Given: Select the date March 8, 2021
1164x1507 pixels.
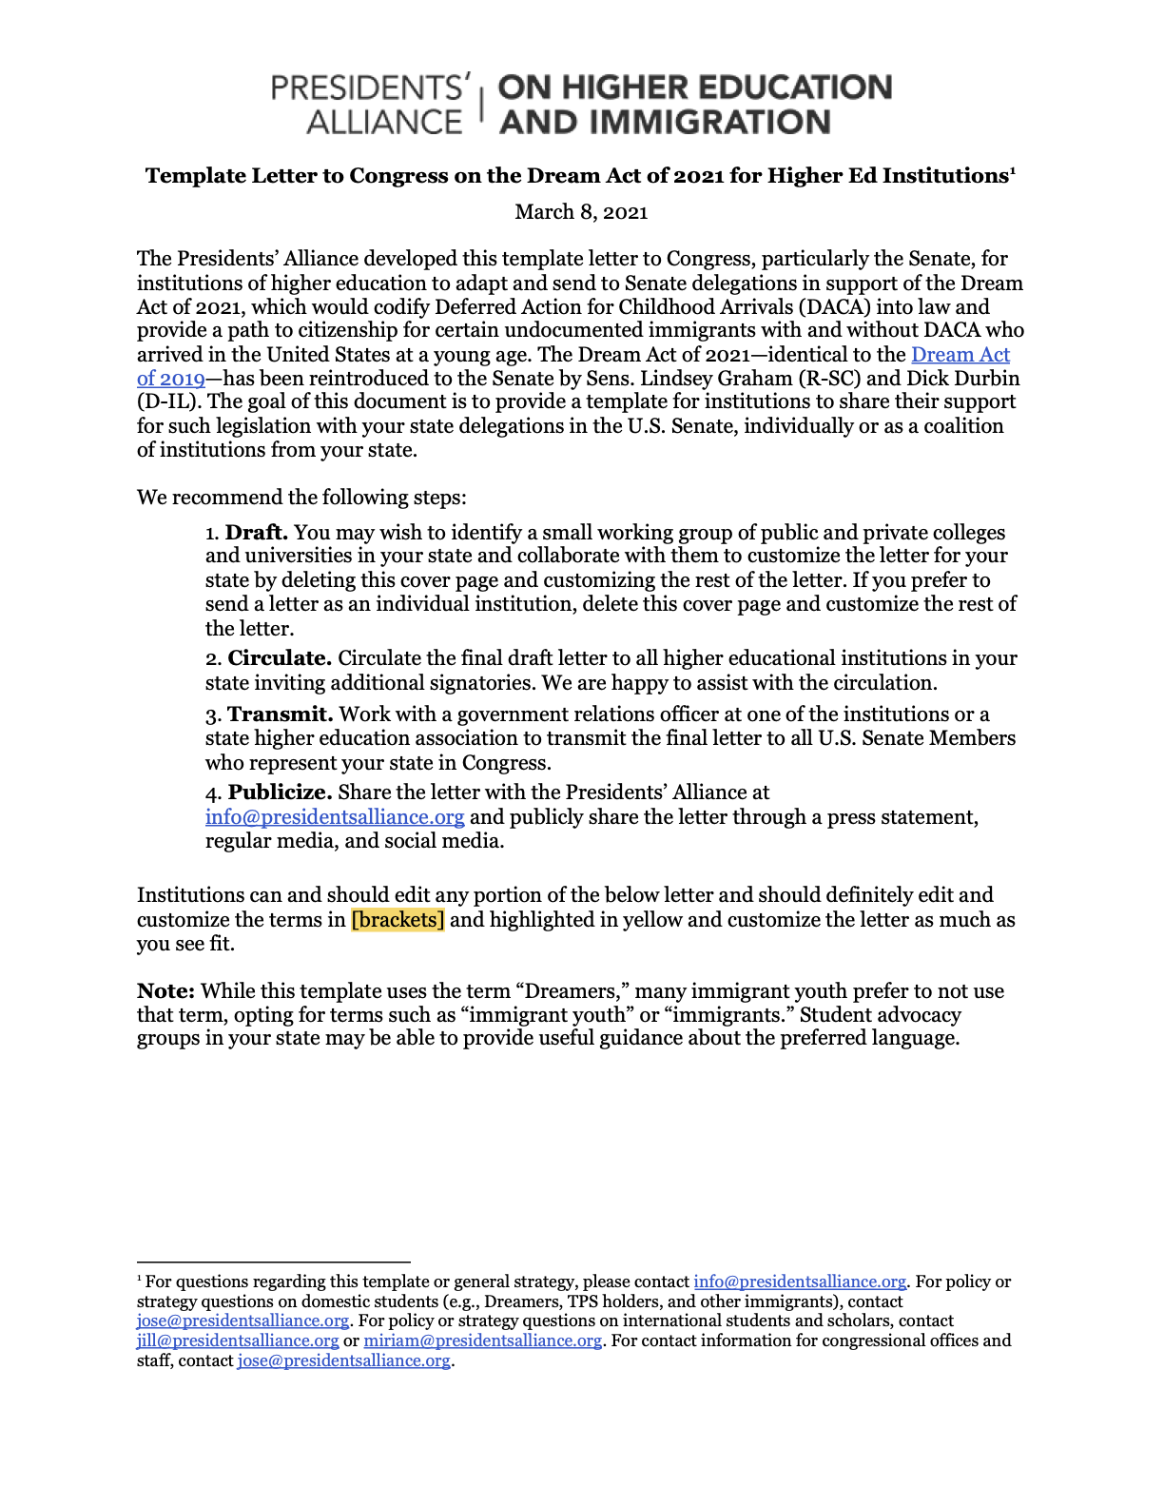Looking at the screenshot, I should click(581, 212).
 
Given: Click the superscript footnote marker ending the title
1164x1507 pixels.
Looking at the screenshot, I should click(1013, 171).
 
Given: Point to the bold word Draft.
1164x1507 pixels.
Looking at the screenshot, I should click(257, 533).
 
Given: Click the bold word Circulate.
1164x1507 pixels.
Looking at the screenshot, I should click(280, 658).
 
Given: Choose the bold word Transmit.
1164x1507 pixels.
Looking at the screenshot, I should click(281, 714).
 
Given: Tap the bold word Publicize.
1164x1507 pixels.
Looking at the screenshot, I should click(281, 793).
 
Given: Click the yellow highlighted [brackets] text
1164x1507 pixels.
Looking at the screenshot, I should click(398, 920).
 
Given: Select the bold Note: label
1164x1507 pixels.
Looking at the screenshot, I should click(165, 991).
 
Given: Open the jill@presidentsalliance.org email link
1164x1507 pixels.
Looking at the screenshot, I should click(238, 1341).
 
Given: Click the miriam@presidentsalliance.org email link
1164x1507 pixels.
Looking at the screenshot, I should click(483, 1341).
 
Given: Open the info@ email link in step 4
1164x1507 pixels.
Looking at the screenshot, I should click(335, 817).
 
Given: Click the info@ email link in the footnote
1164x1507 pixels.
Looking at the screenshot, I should click(800, 1282).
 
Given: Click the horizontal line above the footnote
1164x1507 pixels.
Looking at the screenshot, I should click(274, 1262).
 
